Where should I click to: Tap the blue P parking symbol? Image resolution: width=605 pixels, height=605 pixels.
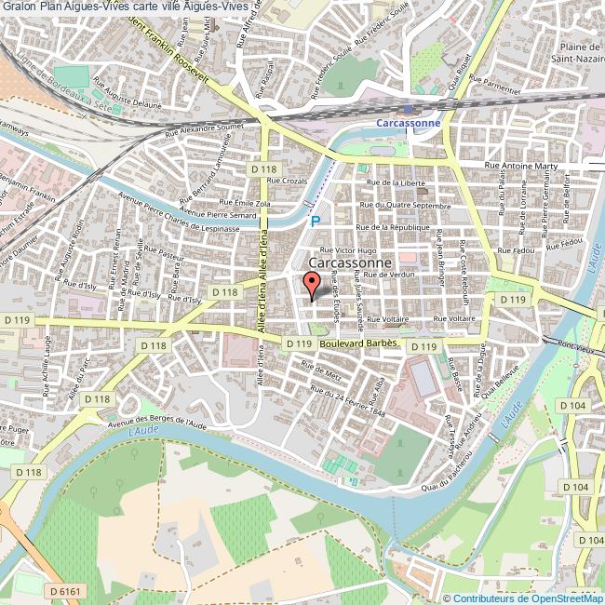pos(316,222)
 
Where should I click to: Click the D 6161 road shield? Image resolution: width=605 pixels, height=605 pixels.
pos(65,590)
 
